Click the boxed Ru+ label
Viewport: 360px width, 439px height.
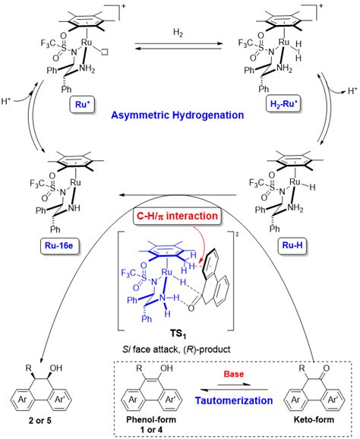point(82,105)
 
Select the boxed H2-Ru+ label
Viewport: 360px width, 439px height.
point(283,104)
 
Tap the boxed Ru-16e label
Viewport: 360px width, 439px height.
point(58,246)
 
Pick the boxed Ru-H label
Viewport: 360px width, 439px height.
point(292,245)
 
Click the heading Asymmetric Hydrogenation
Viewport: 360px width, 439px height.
point(178,115)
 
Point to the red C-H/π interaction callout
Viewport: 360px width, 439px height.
point(177,216)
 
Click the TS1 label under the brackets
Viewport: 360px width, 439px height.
point(178,335)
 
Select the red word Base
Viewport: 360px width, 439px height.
point(234,374)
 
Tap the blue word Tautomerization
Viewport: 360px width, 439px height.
point(234,400)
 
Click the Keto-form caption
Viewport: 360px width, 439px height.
point(314,420)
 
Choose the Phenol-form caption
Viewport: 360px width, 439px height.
point(151,420)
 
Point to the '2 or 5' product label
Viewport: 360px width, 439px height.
point(40,421)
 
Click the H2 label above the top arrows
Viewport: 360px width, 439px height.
point(178,33)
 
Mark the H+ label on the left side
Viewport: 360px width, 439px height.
point(6,100)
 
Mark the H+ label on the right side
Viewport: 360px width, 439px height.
point(352,90)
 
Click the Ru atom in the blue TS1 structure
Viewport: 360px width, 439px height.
point(167,272)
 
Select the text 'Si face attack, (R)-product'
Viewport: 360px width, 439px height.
point(176,349)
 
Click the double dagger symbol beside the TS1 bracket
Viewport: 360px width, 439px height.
point(238,235)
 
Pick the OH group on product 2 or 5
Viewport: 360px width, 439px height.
point(56,368)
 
